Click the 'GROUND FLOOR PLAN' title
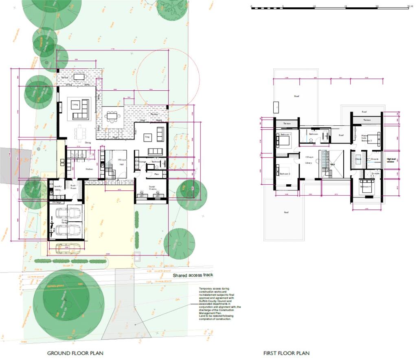75,353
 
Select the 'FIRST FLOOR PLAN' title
286,353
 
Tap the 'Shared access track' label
193,275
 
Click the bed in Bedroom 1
283,141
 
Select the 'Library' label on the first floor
308,163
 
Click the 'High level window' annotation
391,161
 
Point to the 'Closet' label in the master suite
358,159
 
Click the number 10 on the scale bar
314,7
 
